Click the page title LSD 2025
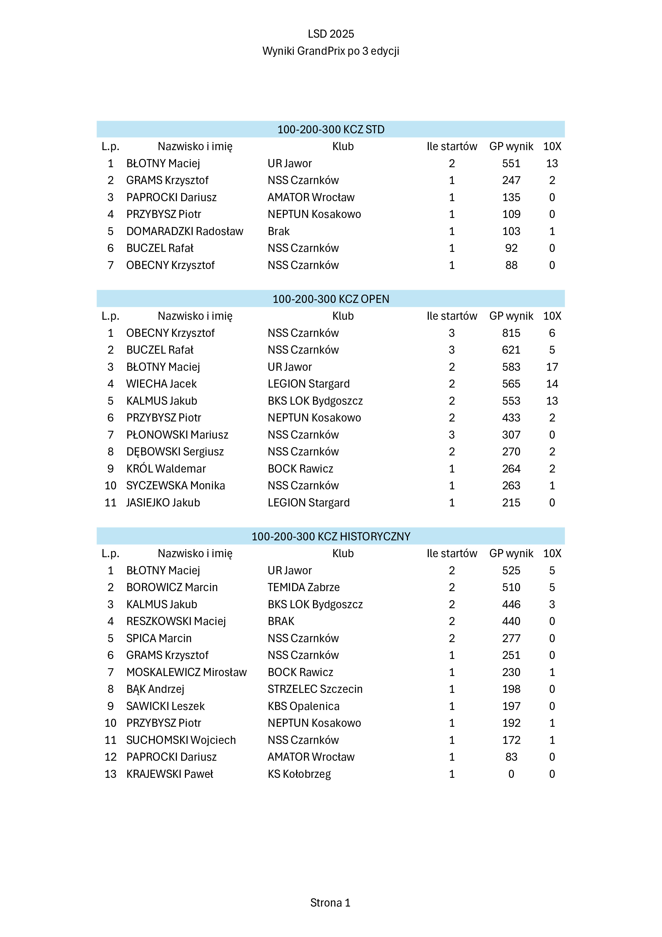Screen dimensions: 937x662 coord(331,34)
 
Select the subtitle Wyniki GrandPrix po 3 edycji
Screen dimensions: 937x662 coord(331,51)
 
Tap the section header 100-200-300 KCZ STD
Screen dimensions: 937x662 coord(331,129)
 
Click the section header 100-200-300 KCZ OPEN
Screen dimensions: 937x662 coord(331,299)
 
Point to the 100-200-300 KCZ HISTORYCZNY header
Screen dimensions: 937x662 coord(331,536)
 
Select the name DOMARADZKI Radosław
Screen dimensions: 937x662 coord(185,231)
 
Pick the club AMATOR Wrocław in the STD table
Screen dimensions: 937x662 coord(311,197)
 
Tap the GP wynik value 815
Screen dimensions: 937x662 coord(511,333)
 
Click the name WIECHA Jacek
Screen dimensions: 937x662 coord(161,384)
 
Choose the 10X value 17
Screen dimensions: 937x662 coord(552,367)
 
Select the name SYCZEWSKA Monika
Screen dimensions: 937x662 coord(176,486)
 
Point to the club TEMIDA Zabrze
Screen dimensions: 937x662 coord(304,587)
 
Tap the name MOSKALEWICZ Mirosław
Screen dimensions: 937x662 coord(186,672)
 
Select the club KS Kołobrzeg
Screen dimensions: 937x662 coord(299,774)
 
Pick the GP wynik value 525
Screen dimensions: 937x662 coord(511,571)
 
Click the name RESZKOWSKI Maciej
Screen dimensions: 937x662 coord(176,621)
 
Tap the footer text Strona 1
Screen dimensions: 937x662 coord(330,903)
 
